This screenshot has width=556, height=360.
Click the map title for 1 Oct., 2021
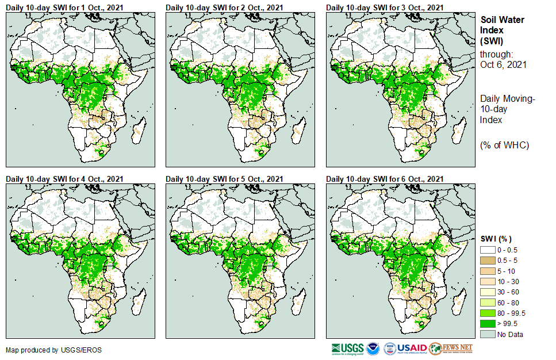point(64,7)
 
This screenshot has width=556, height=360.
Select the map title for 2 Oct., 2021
point(224,7)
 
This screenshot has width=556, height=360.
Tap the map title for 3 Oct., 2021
point(385,7)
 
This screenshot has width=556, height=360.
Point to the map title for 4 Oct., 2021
point(64,179)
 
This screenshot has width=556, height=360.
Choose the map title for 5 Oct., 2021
point(224,179)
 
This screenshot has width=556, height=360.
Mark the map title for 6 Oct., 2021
point(385,179)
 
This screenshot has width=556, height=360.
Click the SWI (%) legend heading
point(496,239)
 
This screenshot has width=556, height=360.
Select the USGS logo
point(348,348)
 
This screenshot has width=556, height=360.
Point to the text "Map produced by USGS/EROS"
point(46,350)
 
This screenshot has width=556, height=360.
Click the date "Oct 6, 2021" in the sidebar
point(503,65)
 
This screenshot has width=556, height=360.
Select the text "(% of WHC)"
point(504,144)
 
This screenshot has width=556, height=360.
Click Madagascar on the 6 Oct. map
point(459,301)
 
